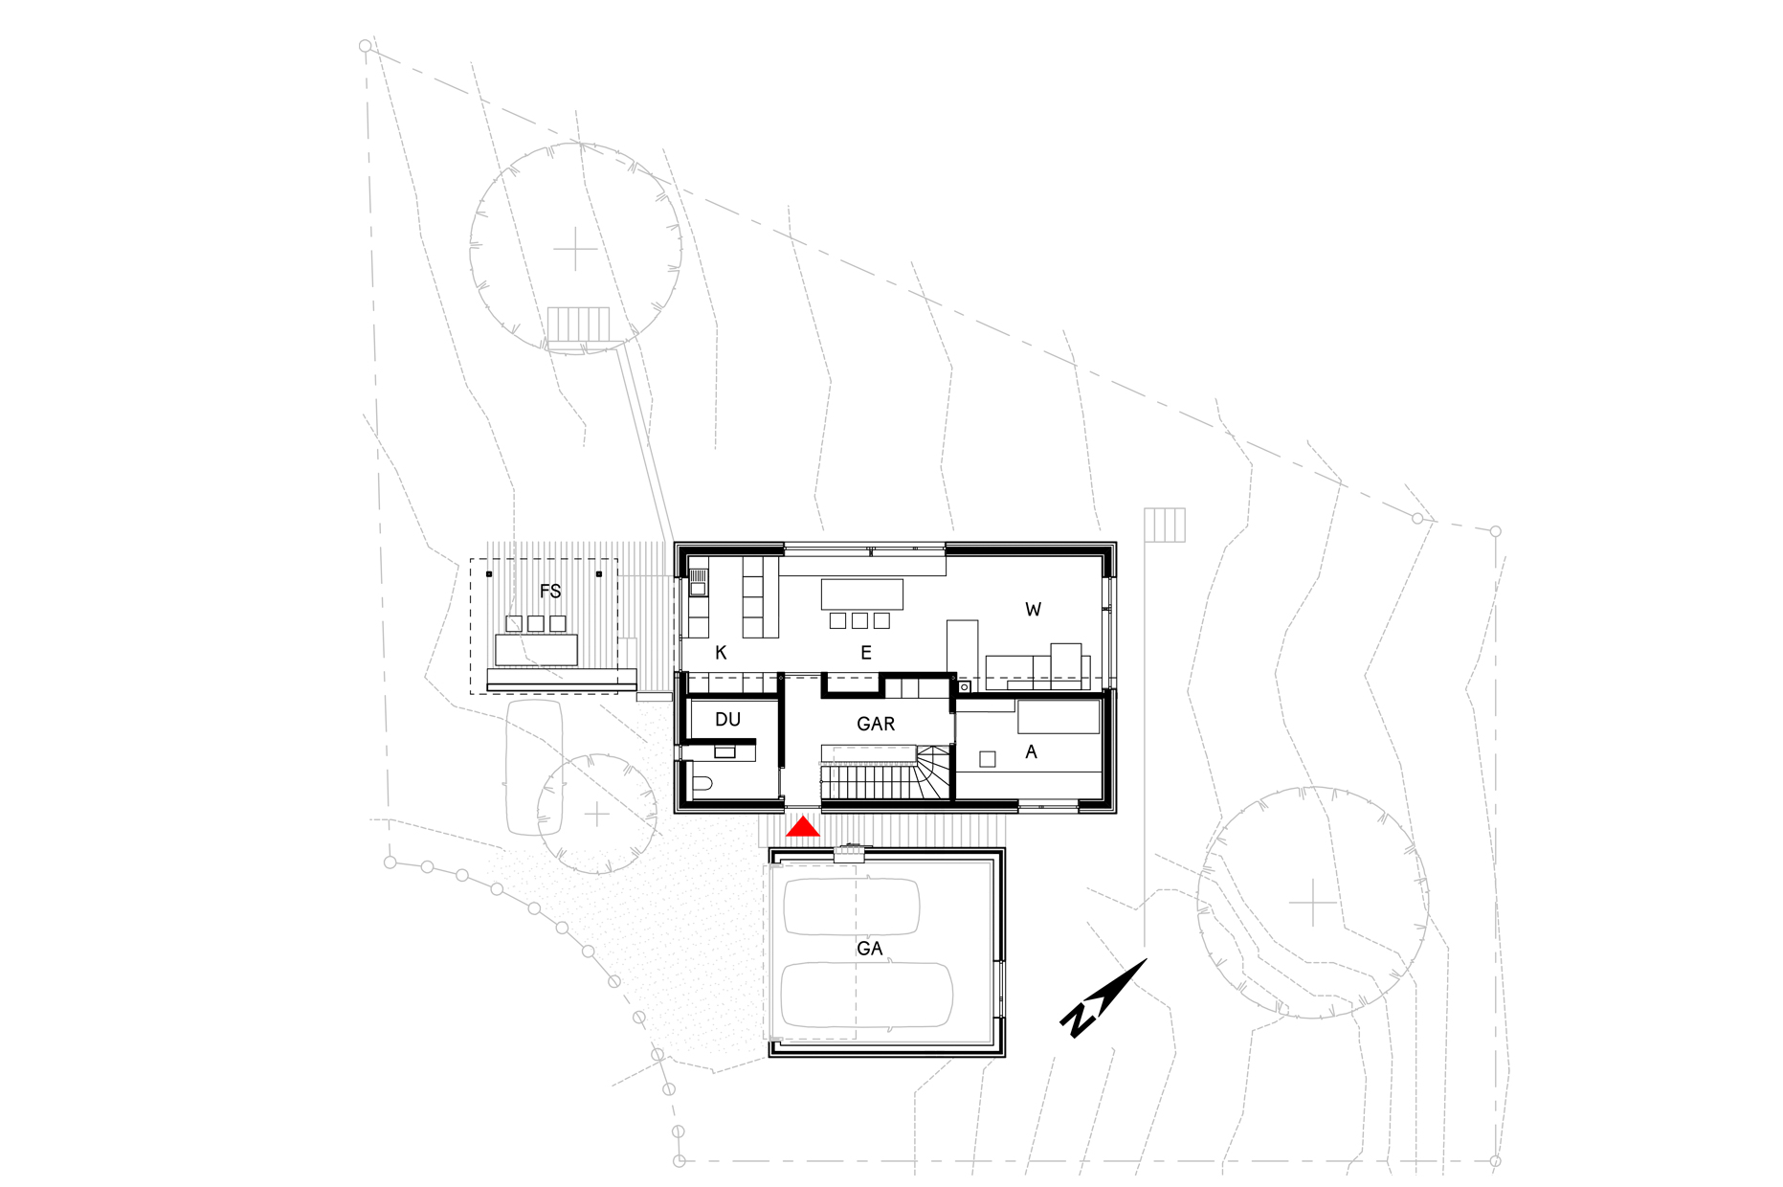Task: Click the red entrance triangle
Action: (x=803, y=827)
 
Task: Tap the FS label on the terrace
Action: (x=550, y=592)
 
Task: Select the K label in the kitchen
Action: (x=722, y=653)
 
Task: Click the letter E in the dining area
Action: (x=866, y=653)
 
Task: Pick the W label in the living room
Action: (x=1033, y=610)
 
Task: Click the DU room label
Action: (x=727, y=720)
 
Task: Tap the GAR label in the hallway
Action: (x=876, y=725)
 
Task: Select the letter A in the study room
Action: (x=1031, y=752)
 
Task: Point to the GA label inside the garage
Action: (x=870, y=949)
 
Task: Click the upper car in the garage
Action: (x=852, y=907)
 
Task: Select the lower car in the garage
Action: (x=866, y=996)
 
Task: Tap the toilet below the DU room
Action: (x=702, y=785)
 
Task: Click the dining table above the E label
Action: (x=862, y=593)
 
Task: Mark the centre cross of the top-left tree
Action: (x=576, y=249)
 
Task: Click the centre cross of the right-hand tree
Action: (x=1312, y=903)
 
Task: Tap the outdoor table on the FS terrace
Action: (x=537, y=650)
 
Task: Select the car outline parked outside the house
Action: (x=534, y=767)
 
